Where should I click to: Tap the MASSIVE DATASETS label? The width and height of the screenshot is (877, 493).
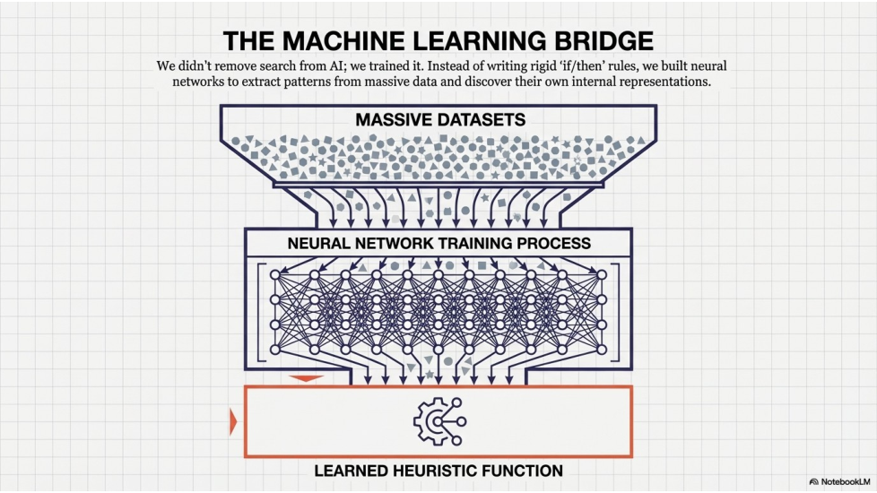pyautogui.click(x=439, y=119)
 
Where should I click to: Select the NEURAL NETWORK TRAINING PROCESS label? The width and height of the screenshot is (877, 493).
pyautogui.click(x=439, y=243)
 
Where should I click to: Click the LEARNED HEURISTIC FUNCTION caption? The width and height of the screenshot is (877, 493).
pyautogui.click(x=438, y=471)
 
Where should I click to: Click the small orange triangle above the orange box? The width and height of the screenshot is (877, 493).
pyautogui.click(x=307, y=378)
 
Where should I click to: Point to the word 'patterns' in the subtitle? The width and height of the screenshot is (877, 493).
pyautogui.click(x=305, y=81)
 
